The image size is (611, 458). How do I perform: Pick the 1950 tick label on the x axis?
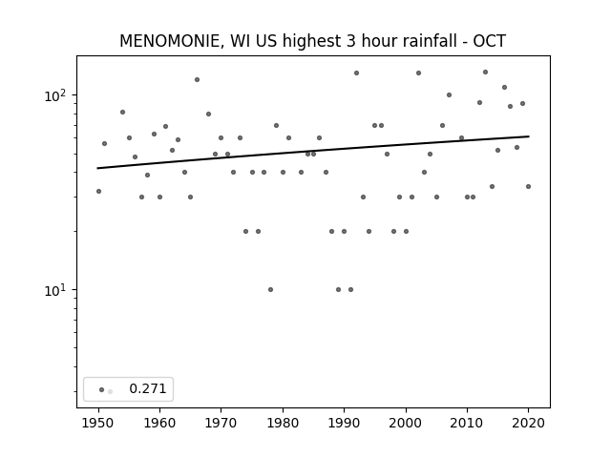[x=98, y=423]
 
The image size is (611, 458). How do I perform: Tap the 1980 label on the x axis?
[x=283, y=423]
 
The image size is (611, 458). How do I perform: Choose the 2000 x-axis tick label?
[x=406, y=423]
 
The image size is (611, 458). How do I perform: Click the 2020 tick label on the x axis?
[x=528, y=423]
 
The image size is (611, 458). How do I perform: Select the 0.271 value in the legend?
[x=148, y=388]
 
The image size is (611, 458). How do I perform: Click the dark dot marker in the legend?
[x=102, y=389]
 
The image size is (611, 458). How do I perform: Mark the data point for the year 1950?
[x=98, y=191]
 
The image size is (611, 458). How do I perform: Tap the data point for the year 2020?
[x=528, y=187]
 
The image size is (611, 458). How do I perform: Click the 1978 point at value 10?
[x=270, y=289]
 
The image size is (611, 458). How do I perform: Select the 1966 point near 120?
[x=198, y=80]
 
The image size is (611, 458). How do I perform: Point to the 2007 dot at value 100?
[x=449, y=95]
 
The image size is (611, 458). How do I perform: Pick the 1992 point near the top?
[x=356, y=73]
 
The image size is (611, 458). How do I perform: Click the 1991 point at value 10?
[x=350, y=289]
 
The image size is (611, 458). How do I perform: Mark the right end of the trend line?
[x=529, y=136]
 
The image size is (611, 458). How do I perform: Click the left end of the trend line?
[x=97, y=168]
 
